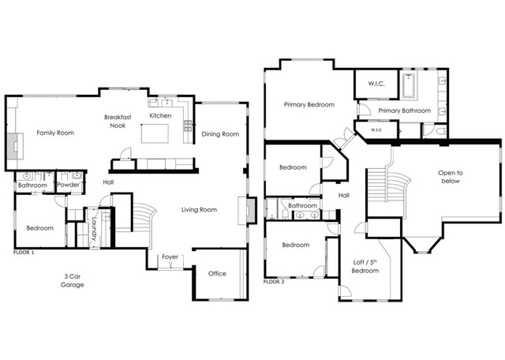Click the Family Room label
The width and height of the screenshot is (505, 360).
click(x=55, y=133)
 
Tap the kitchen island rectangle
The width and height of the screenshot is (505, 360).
click(x=155, y=133)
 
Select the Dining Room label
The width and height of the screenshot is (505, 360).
click(x=220, y=134)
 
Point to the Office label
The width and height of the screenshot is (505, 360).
click(x=217, y=274)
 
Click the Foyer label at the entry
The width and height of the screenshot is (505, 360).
click(x=170, y=257)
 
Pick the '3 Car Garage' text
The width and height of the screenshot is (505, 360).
click(x=73, y=280)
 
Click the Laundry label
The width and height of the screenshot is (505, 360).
click(x=94, y=229)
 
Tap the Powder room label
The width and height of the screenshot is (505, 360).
click(x=68, y=185)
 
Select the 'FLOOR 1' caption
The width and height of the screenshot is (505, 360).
click(x=24, y=253)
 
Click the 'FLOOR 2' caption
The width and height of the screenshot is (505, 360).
click(x=274, y=282)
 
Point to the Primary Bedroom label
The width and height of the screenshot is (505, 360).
click(x=309, y=105)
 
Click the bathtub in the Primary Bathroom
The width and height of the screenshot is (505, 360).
click(x=409, y=86)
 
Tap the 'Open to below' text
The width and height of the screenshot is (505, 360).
click(x=451, y=177)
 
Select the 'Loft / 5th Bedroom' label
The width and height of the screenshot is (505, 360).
click(x=365, y=267)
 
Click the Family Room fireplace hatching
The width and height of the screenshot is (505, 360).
click(x=13, y=146)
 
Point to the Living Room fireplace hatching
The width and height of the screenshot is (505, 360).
click(x=252, y=211)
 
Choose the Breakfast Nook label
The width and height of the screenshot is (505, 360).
click(x=118, y=121)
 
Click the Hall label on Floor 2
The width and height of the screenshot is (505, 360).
click(x=344, y=195)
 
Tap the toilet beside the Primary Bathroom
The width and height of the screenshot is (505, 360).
click(x=441, y=131)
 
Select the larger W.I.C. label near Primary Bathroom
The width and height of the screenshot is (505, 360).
click(x=376, y=84)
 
